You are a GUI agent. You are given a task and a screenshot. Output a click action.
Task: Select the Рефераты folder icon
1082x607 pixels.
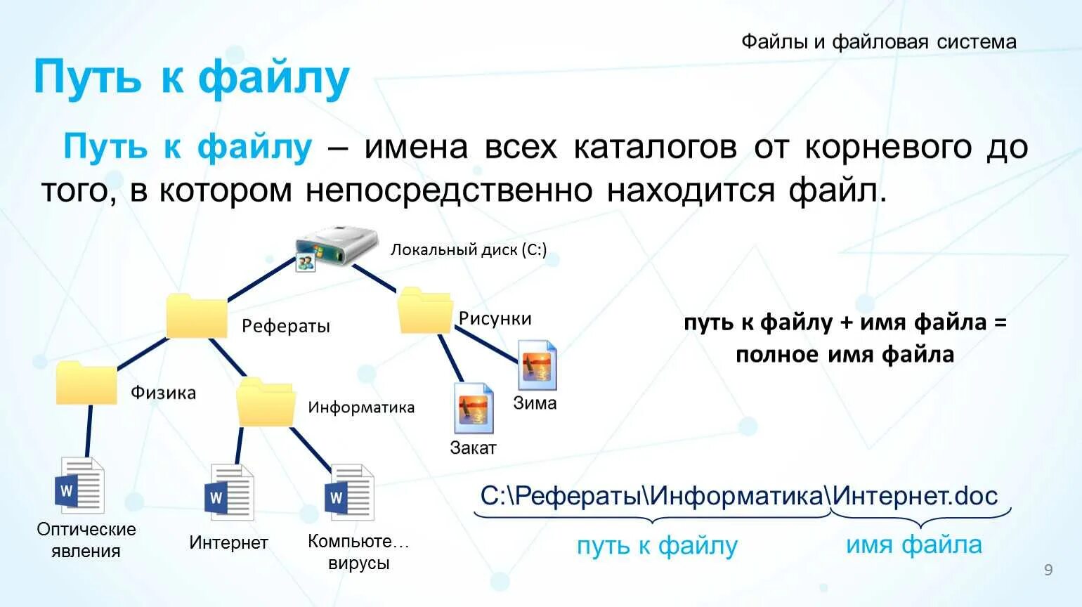[x=196, y=316]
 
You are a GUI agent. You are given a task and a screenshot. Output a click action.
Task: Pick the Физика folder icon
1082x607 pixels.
[x=86, y=382]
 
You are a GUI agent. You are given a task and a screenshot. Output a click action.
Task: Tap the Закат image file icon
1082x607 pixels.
[x=473, y=407]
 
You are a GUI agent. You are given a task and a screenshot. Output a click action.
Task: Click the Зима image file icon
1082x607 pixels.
[x=537, y=365]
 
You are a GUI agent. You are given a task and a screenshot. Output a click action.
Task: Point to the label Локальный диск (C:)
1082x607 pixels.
[x=469, y=250]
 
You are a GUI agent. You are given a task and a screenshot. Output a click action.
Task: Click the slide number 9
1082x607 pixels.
[x=1048, y=570]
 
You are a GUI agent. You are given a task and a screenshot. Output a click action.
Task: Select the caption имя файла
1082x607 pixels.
[x=913, y=544]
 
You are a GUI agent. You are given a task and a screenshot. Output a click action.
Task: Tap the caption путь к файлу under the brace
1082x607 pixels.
[x=657, y=546]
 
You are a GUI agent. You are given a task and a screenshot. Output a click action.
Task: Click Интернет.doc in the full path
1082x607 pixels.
[x=915, y=496]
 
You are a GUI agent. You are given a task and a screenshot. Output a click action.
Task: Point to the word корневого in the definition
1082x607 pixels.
[x=888, y=148]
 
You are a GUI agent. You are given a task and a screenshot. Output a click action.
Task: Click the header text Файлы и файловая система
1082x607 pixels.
[x=878, y=42]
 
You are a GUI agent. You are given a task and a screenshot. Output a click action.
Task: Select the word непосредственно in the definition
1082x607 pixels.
[x=449, y=190]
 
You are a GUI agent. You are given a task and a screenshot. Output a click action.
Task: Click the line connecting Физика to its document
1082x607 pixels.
[x=89, y=431]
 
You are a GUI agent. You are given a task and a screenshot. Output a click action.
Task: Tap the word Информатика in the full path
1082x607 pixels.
[x=736, y=496]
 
